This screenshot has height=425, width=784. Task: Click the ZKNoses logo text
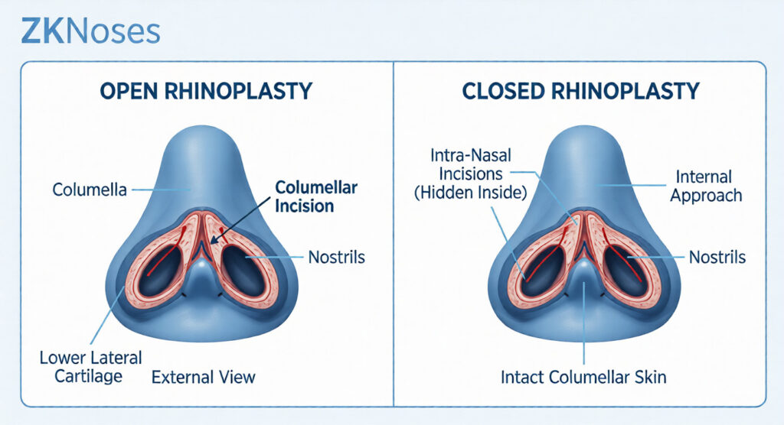tap(90, 31)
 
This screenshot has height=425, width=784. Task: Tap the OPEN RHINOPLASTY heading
tap(206, 92)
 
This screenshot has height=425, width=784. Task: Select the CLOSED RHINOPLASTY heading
tap(580, 92)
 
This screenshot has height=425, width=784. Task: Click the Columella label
tap(90, 190)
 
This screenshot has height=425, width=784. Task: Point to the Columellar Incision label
tap(316, 196)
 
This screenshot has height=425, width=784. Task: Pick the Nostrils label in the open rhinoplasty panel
tap(337, 257)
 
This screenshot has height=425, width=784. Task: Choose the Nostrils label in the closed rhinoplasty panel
tap(717, 257)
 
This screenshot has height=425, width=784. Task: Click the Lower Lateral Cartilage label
tap(90, 367)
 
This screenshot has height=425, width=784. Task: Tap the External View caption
tap(203, 377)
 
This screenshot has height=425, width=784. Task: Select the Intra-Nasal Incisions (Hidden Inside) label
tap(471, 174)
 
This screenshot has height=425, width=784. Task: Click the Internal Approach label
tap(705, 186)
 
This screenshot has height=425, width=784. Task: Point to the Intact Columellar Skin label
tap(583, 377)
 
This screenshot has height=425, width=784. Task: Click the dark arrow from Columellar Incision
tap(241, 219)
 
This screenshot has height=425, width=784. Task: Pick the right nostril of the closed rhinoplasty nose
tap(623, 271)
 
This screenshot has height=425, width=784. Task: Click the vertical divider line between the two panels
tap(394, 234)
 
